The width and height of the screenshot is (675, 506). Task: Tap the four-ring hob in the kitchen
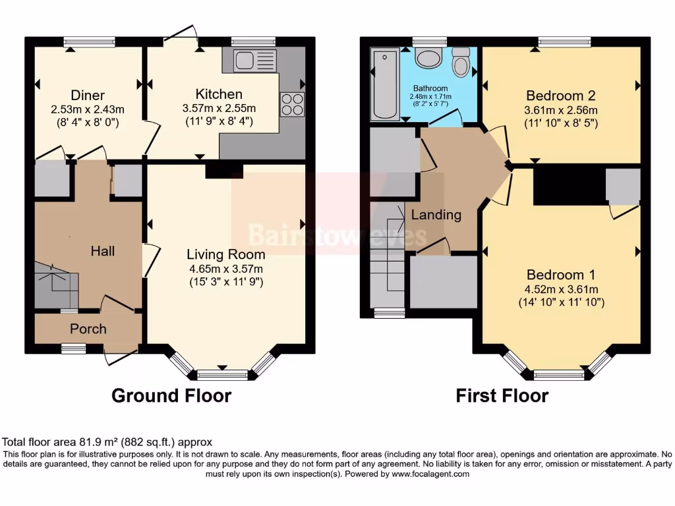pos(293,105)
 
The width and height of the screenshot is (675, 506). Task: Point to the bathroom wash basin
pos(430,59)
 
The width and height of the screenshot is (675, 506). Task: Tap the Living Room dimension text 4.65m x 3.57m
pos(226,268)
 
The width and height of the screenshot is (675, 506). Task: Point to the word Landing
pos(436,215)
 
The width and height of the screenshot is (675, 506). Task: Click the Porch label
pos(88,329)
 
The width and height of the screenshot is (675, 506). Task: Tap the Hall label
pos(102,251)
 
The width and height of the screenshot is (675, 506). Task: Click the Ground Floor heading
pos(171,395)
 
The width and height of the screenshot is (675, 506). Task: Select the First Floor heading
pos(502,395)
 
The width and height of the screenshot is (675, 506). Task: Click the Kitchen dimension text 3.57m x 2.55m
pos(219,109)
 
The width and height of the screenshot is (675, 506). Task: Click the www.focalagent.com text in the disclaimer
pos(430,474)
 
